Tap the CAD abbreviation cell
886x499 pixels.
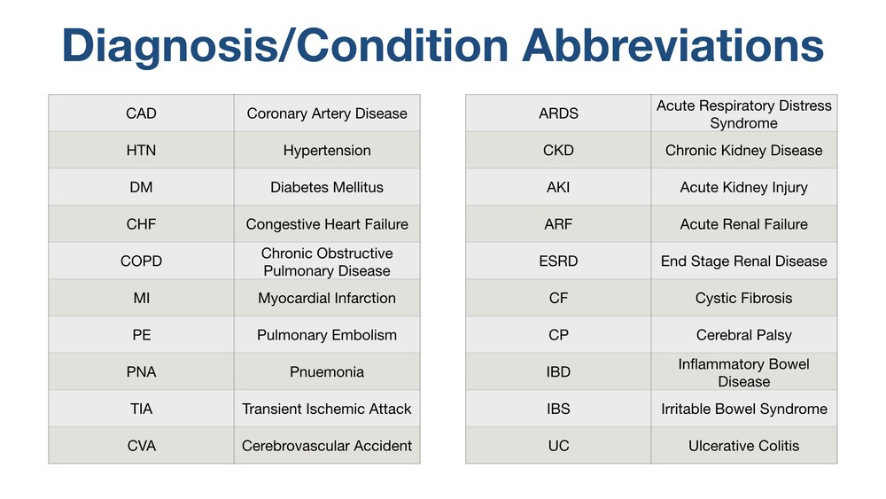click(141, 113)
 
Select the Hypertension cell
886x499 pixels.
click(327, 151)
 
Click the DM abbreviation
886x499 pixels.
click(141, 187)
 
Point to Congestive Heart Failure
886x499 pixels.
click(327, 224)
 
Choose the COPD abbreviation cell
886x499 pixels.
click(141, 261)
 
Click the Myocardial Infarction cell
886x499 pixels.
click(327, 298)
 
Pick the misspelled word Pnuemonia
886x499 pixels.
click(327, 372)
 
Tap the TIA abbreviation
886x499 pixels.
click(141, 409)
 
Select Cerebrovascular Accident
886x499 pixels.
click(327, 446)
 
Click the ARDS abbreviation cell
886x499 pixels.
click(558, 113)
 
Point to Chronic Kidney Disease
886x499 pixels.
click(743, 151)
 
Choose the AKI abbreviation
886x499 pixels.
click(558, 187)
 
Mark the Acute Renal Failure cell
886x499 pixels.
click(743, 224)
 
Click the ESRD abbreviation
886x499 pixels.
click(558, 261)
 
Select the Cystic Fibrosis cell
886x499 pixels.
click(743, 298)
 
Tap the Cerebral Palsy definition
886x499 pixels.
click(743, 335)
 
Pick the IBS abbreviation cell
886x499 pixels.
click(558, 409)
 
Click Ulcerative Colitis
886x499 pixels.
click(743, 446)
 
